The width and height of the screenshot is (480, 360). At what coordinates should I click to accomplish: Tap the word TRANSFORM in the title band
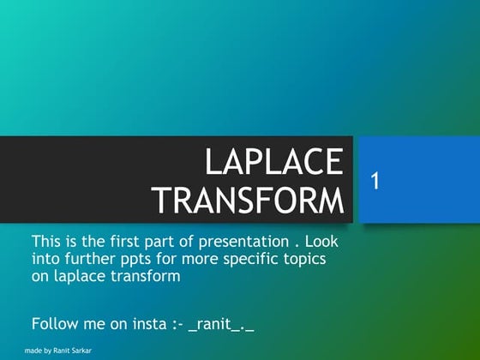249,201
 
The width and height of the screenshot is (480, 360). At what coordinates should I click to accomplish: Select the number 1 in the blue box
375,180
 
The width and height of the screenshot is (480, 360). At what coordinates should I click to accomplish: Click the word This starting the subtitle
46,241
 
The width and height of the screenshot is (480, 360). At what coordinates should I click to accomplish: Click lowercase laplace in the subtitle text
81,277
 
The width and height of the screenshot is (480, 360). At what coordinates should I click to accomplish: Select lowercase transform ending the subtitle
147,277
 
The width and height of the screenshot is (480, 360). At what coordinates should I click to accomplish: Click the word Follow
54,324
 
